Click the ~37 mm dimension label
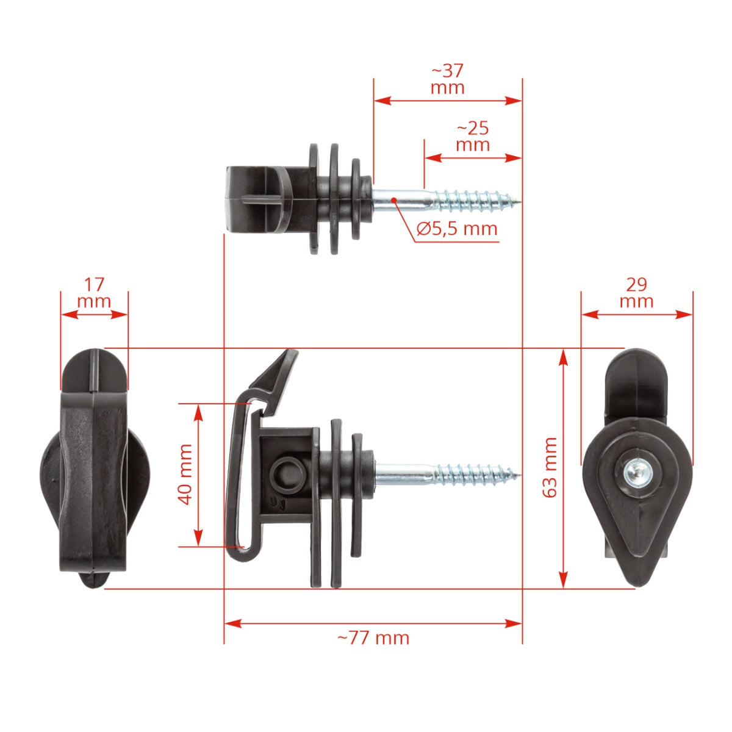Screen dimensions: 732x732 pyautogui.click(x=448, y=79)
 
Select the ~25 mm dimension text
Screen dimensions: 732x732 pyautogui.click(x=473, y=137)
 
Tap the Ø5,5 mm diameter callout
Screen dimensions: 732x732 pyautogui.click(x=457, y=229)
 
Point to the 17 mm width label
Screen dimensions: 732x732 pyautogui.click(x=94, y=293)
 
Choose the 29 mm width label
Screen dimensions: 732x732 pyautogui.click(x=636, y=293)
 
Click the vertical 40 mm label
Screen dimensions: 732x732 pyautogui.click(x=186, y=475)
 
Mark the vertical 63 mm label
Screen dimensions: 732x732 pyautogui.click(x=550, y=467)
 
